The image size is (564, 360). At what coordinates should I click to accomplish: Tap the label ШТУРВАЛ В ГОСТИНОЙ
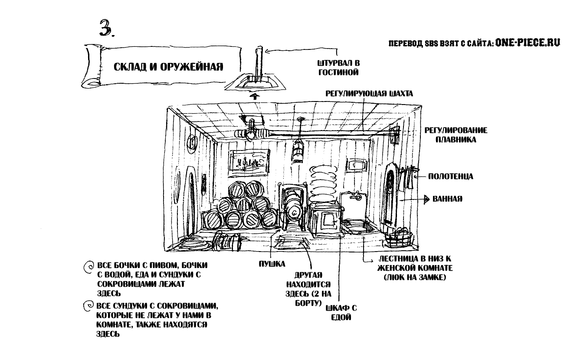338,68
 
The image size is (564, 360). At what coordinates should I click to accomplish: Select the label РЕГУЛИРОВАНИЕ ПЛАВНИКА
456,135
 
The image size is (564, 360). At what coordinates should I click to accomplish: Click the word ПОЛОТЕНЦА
450,177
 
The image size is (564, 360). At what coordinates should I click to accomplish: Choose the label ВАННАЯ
447,200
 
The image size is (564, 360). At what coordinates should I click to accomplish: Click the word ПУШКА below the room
272,263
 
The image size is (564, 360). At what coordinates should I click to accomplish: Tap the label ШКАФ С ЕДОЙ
341,312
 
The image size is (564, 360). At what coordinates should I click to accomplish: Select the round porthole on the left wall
191,141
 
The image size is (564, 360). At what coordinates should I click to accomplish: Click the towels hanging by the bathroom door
408,179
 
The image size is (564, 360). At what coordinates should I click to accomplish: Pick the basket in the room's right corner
400,236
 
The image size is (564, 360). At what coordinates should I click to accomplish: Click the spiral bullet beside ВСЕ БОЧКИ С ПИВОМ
87,266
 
